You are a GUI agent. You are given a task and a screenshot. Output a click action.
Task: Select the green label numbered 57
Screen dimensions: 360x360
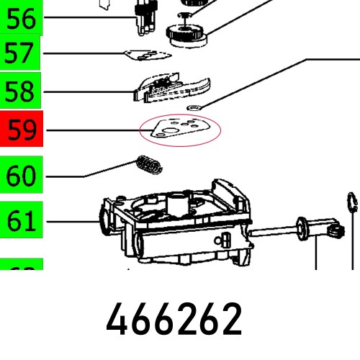21,52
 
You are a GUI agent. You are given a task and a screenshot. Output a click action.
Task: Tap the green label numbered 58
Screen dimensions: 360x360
21,91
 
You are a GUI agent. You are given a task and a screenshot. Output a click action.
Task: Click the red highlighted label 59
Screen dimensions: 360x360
21,131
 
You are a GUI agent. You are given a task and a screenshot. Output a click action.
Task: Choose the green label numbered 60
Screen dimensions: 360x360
21,175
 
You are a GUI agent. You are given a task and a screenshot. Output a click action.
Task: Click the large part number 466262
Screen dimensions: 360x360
174,320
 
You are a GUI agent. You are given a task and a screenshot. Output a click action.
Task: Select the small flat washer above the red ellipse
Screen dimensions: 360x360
192,108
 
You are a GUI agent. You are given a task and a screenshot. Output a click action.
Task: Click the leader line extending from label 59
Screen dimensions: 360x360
94,131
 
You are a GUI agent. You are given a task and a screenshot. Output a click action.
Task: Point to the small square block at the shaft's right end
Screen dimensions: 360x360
334,232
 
